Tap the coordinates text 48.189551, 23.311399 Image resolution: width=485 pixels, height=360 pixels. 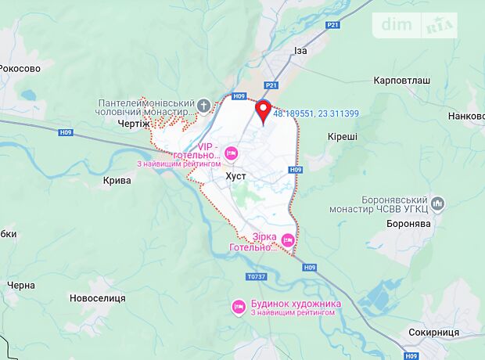[316, 113]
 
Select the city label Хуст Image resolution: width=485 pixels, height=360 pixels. [235, 176]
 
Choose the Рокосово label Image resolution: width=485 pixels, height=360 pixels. [20, 68]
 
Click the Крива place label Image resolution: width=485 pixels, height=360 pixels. [117, 179]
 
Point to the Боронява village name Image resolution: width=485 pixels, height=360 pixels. [408, 223]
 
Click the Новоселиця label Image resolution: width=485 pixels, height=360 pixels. [98, 298]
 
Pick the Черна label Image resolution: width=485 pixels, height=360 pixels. [20, 285]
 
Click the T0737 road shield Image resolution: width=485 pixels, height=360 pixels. [256, 276]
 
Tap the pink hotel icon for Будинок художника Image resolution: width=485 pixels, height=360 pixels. [238, 306]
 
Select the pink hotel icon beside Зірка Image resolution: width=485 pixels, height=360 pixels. [287, 239]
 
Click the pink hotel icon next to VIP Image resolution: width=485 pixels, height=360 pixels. [231, 152]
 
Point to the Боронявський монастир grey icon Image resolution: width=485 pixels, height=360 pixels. [437, 203]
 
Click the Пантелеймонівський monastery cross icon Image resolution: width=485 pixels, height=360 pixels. [203, 104]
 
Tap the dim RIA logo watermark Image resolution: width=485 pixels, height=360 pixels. [419, 25]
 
